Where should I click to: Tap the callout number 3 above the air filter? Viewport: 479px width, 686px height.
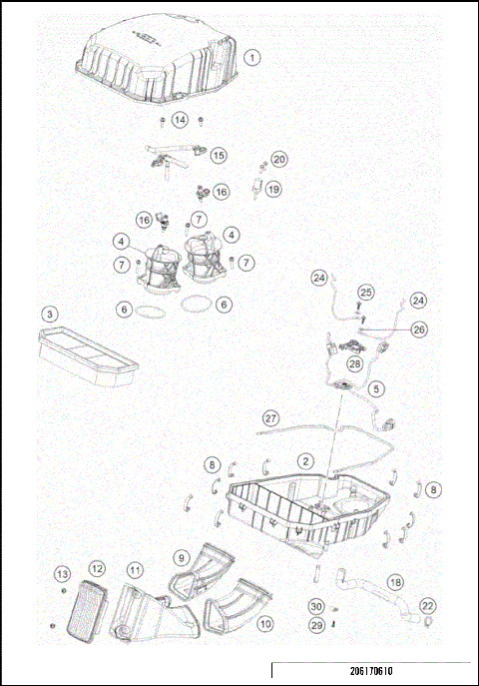coord(49,314)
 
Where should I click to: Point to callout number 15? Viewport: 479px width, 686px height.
coord(218,155)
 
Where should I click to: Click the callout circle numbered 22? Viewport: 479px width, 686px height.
coord(427,605)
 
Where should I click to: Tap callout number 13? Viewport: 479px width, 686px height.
coord(62,573)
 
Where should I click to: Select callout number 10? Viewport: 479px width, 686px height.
coord(265,623)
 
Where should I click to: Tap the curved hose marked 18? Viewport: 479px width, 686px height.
coord(374,593)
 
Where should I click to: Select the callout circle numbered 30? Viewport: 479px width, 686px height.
coord(316,606)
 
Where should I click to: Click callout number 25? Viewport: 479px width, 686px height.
coord(366,292)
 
